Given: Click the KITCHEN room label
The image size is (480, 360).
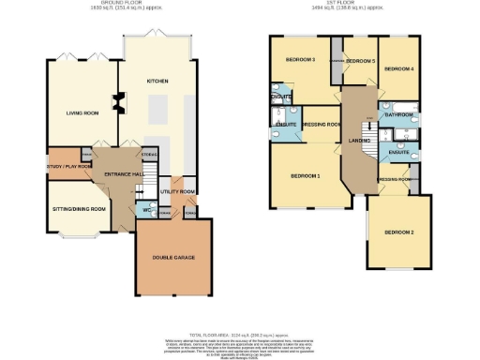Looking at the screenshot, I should point(157,82).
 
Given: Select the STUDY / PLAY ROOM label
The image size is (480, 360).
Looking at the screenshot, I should point(68,166).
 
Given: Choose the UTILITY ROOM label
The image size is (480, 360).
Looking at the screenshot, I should point(176,191).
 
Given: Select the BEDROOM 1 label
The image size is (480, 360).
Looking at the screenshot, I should point(305,176).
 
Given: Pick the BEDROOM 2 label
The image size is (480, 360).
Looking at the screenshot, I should point(398,231).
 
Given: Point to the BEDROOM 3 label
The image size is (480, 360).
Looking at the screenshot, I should point(299,60).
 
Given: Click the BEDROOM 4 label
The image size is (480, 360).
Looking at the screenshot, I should point(398,68).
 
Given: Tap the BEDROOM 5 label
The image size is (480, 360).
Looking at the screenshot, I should point(360,61).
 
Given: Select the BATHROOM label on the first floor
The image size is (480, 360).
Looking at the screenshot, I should point(398,114).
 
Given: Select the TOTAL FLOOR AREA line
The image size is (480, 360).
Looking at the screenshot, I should point(240,333).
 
